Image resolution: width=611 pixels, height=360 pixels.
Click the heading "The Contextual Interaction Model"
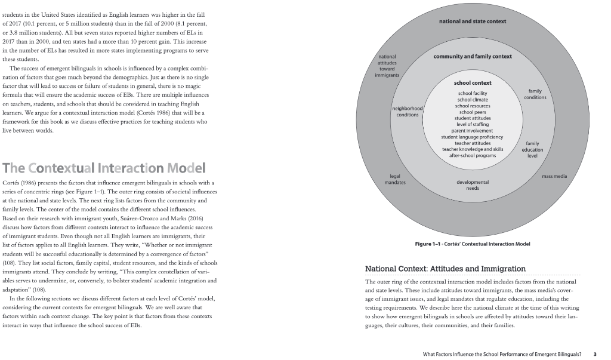tap(104, 167)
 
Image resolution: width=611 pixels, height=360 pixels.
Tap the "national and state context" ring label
tap(472, 21)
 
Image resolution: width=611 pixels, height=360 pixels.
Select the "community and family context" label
tap(472, 56)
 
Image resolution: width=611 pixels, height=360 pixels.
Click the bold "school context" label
tap(472, 82)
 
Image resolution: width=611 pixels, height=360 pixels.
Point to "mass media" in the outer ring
tap(554, 177)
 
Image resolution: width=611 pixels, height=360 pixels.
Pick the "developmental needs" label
tap(472, 184)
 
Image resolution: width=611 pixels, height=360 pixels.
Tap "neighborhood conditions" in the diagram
tap(408, 111)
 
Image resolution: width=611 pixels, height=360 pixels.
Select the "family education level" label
tap(532, 149)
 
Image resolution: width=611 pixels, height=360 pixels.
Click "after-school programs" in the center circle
tap(472, 155)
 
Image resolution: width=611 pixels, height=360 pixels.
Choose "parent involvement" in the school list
tap(472, 130)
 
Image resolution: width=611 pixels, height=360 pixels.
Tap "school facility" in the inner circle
tap(472, 93)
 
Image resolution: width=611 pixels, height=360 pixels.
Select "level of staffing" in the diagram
tap(472, 124)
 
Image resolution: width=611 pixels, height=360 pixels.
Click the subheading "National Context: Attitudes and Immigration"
tap(445, 269)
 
